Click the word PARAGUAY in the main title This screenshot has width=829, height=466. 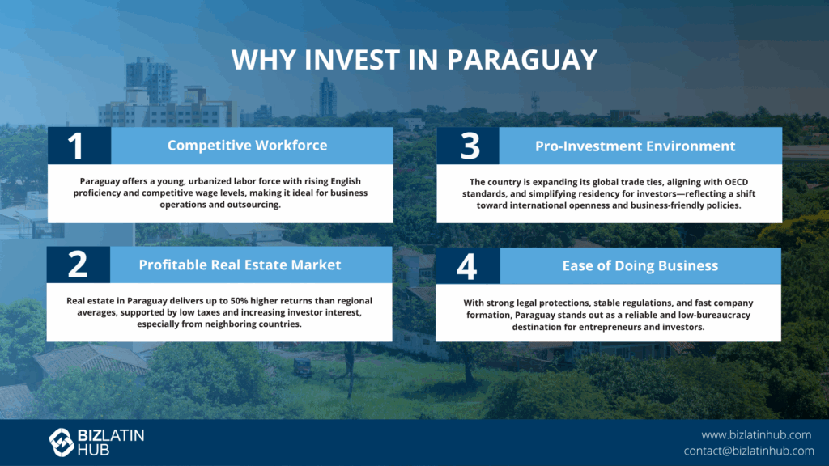coord(522,59)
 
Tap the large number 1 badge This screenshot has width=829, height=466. coord(79,146)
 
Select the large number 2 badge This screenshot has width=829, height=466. coord(79,265)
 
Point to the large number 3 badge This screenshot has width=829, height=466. coord(469,146)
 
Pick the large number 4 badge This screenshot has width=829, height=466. coord(467,265)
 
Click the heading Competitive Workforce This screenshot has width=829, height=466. coord(248,146)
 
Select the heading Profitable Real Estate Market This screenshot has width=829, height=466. coord(240,265)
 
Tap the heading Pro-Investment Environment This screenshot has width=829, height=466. coord(635,146)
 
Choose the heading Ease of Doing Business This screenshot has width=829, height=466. coord(640,265)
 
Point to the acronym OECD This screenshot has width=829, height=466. coord(735,182)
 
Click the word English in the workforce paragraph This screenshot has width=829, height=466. coord(346,181)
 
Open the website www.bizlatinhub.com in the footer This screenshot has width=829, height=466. coord(756,434)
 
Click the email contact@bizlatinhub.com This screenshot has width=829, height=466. coord(749,451)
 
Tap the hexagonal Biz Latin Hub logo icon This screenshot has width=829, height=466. coord(62,443)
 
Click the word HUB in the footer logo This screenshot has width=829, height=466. coord(94,450)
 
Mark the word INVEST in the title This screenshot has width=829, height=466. coord(352,59)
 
